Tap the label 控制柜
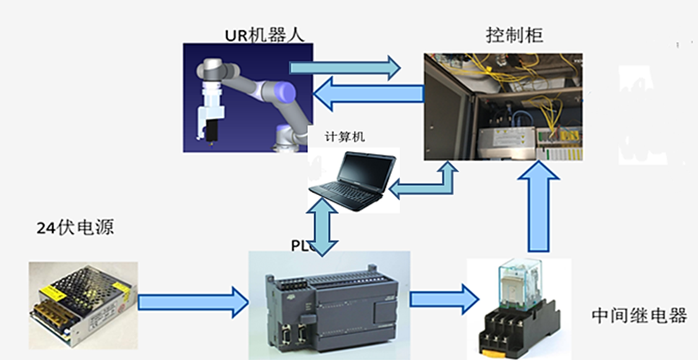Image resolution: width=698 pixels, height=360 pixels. [514, 34]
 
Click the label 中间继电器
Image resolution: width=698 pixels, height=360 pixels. [639, 316]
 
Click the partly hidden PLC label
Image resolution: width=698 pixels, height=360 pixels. [301, 245]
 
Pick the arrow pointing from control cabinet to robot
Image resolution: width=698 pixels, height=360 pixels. [369, 93]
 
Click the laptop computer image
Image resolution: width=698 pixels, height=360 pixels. [352, 181]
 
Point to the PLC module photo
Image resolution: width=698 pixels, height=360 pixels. [329, 304]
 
